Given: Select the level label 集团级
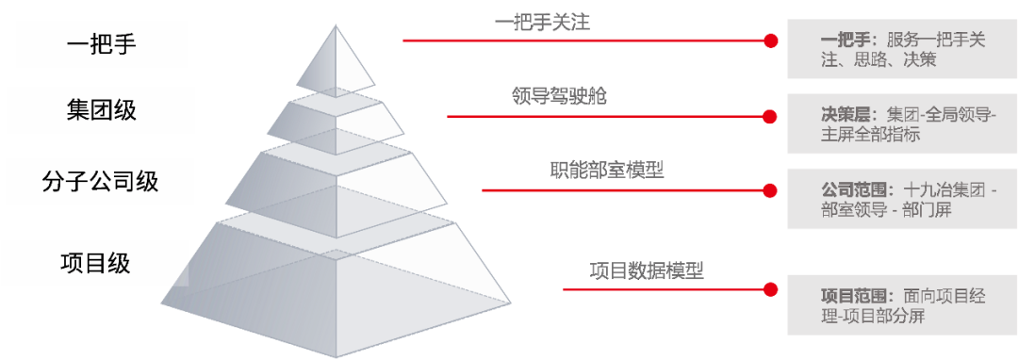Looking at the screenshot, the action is coord(102,109).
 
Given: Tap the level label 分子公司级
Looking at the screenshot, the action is coord(101,181).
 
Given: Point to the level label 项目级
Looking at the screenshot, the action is coord(95,263).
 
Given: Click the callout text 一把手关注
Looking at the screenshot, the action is coord(542,24).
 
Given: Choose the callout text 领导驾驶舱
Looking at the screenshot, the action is coord(559,97).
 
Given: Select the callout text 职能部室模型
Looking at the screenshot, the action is coord(606,171).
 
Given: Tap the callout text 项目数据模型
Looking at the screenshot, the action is coord(647,270).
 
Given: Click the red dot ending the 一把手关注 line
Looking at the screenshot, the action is coord(771,41).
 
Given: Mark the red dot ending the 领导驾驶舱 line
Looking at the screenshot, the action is coord(770,117).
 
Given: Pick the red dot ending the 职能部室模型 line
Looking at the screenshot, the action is coord(770,190).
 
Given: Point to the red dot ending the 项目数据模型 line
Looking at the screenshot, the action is coord(770,289).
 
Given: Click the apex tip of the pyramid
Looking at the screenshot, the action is coord(336,25).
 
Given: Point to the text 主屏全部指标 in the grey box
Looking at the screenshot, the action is coord(871,135).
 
